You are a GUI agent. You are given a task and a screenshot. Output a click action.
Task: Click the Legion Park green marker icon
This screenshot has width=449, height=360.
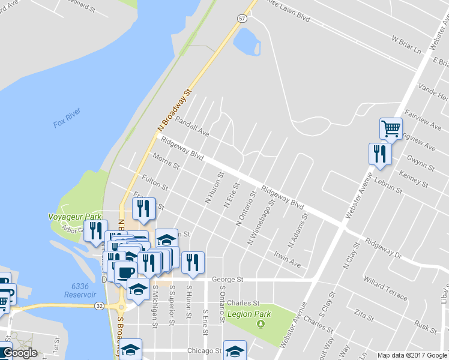260,324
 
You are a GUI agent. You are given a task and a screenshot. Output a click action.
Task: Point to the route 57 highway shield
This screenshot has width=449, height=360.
241,19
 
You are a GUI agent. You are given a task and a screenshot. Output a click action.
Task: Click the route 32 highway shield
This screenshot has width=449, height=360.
98,305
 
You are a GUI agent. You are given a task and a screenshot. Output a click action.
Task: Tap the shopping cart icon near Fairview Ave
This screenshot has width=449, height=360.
391,128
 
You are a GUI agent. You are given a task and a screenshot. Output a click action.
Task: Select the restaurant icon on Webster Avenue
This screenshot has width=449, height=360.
380,154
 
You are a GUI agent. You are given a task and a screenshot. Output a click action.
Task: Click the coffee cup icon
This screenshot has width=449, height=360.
125,272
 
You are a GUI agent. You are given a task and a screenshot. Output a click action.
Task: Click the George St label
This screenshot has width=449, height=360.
227,280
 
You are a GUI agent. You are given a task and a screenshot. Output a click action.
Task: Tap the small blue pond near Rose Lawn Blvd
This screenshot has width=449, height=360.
246,41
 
